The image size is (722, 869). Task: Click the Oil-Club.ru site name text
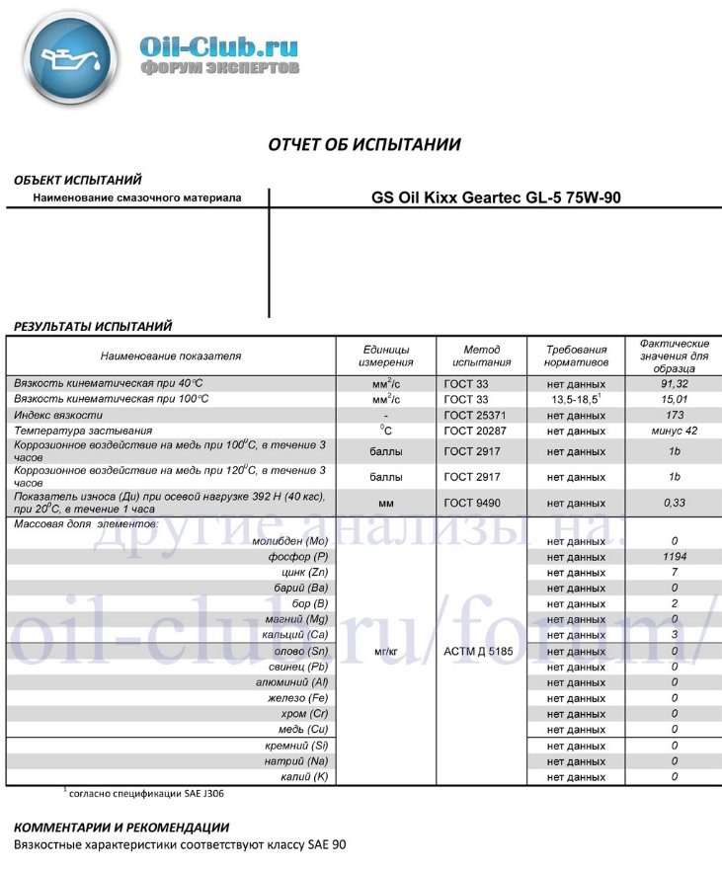[218, 46]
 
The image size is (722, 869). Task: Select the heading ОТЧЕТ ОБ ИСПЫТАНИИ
[364, 144]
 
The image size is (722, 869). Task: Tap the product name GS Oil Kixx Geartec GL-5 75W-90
[496, 197]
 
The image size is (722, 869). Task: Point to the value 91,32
[674, 382]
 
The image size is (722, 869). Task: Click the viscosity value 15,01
[674, 399]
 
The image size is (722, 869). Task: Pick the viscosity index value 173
[674, 415]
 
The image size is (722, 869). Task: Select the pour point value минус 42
[674, 432]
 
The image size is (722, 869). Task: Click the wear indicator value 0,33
[674, 502]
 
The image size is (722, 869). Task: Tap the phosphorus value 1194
[674, 557]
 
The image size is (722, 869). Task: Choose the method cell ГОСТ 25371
[481, 415]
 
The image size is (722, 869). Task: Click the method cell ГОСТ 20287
[481, 432]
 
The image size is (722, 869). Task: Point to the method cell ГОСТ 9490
[481, 502]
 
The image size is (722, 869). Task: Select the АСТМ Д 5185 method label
[481, 652]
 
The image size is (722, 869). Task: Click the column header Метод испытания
[481, 355]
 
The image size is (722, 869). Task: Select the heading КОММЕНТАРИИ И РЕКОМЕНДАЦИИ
[120, 827]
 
